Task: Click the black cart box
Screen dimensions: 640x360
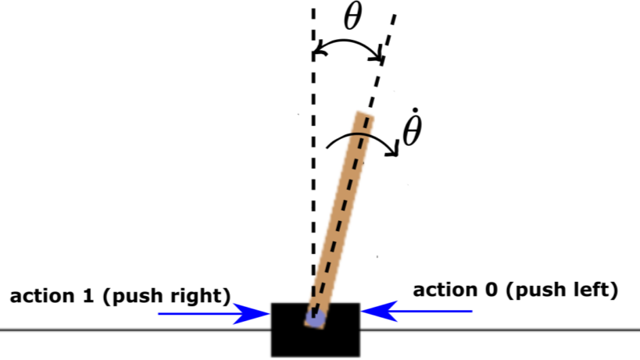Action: point(316,330)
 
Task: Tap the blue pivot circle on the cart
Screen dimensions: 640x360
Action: point(316,319)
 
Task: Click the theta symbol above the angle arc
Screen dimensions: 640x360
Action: point(352,17)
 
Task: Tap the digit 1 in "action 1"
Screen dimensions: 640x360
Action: point(88,297)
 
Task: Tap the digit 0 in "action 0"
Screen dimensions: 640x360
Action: point(492,290)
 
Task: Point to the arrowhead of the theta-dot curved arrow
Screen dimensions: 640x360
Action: point(395,149)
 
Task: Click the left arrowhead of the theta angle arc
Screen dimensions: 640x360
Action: point(320,48)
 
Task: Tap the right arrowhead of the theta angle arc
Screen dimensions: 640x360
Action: point(377,56)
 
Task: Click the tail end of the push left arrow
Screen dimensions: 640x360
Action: point(472,311)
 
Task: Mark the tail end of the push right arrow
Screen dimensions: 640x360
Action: point(159,313)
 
